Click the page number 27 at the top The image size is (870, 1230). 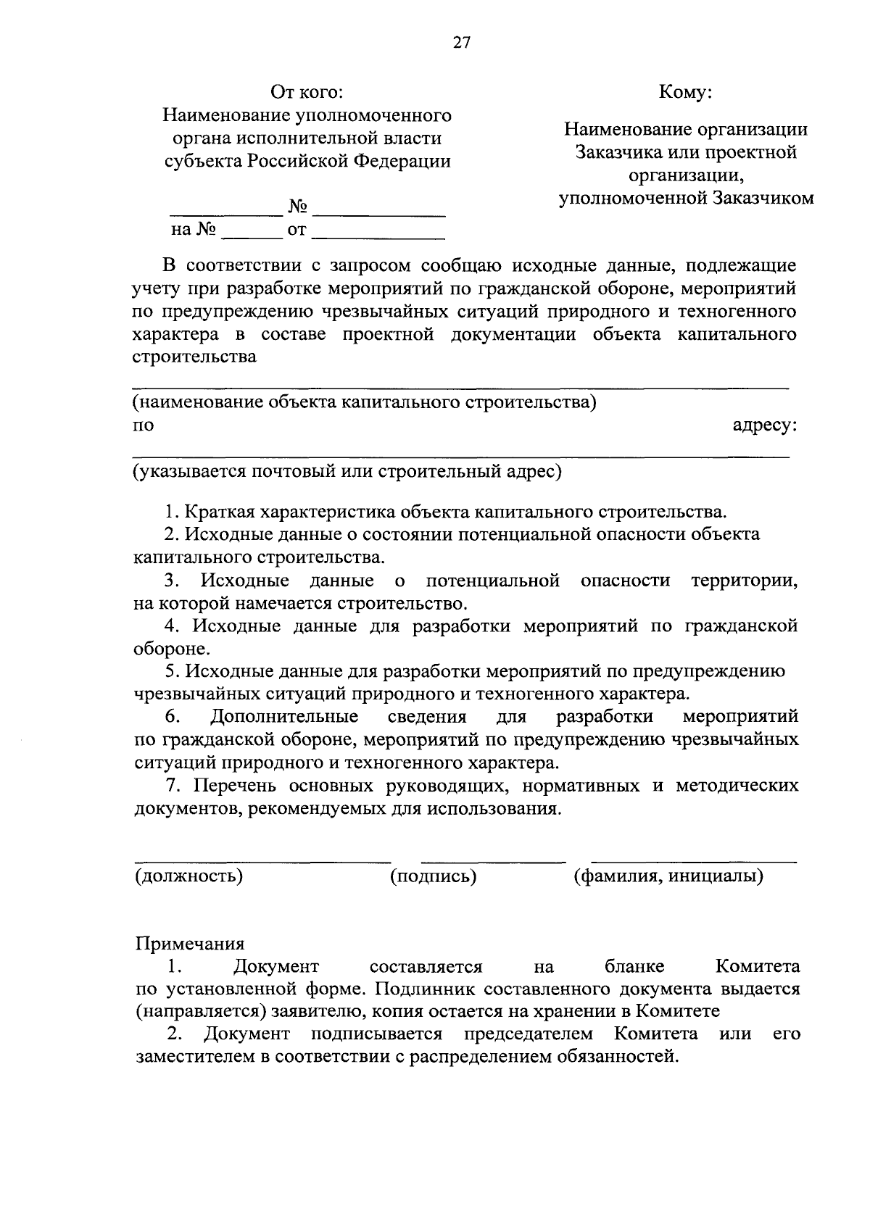tap(462, 42)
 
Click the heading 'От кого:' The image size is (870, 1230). tap(306, 93)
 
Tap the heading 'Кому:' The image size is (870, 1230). tap(685, 93)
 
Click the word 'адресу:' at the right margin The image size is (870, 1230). tap(765, 425)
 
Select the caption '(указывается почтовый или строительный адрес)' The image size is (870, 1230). tap(347, 472)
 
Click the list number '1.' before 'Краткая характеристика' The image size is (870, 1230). tap(172, 512)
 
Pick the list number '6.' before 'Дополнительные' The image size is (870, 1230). tap(173, 717)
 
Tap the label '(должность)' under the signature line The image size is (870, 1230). tap(188, 876)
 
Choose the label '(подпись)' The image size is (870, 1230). tap(433, 876)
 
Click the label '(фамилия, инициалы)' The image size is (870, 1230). tap(668, 876)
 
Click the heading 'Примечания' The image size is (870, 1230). tap(190, 944)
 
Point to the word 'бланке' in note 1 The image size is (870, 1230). tap(634, 967)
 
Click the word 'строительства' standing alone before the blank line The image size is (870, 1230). tap(195, 357)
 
